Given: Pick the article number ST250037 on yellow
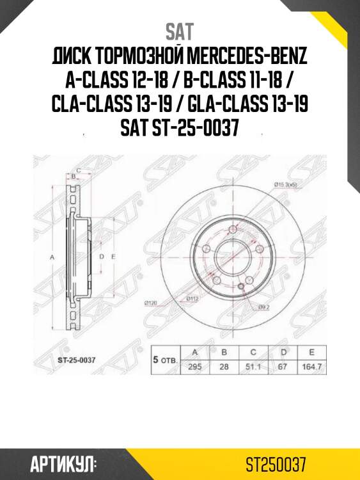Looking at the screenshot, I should [279, 463].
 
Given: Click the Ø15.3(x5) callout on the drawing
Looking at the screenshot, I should [286, 185].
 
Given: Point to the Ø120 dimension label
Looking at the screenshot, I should [152, 301].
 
